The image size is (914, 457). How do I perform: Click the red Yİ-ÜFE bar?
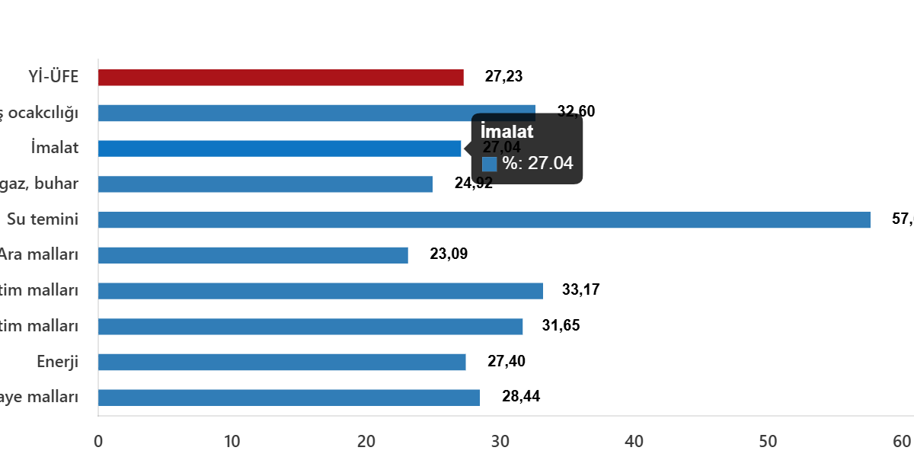tap(280, 78)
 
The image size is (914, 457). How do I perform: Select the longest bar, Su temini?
tap(484, 220)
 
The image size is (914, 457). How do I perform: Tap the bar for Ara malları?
tap(253, 255)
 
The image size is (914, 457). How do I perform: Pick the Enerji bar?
tap(282, 362)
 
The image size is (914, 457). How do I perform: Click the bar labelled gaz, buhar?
tap(265, 184)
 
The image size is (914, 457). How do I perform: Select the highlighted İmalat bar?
tap(280, 149)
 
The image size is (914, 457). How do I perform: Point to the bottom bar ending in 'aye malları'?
tap(289, 398)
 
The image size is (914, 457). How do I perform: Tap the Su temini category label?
tap(43, 220)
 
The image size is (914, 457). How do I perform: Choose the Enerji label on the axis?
tap(57, 362)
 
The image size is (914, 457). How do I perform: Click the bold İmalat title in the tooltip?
tap(507, 132)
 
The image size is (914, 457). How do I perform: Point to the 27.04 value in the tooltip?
tap(550, 163)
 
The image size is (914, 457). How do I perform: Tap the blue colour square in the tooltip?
tap(489, 164)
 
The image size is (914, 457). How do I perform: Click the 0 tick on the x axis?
tap(98, 441)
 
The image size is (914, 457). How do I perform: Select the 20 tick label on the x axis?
tap(366, 441)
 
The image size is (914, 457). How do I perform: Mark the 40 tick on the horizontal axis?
tap(634, 441)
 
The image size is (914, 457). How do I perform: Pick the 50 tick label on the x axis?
tap(768, 441)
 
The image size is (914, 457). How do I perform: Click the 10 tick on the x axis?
tap(232, 441)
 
